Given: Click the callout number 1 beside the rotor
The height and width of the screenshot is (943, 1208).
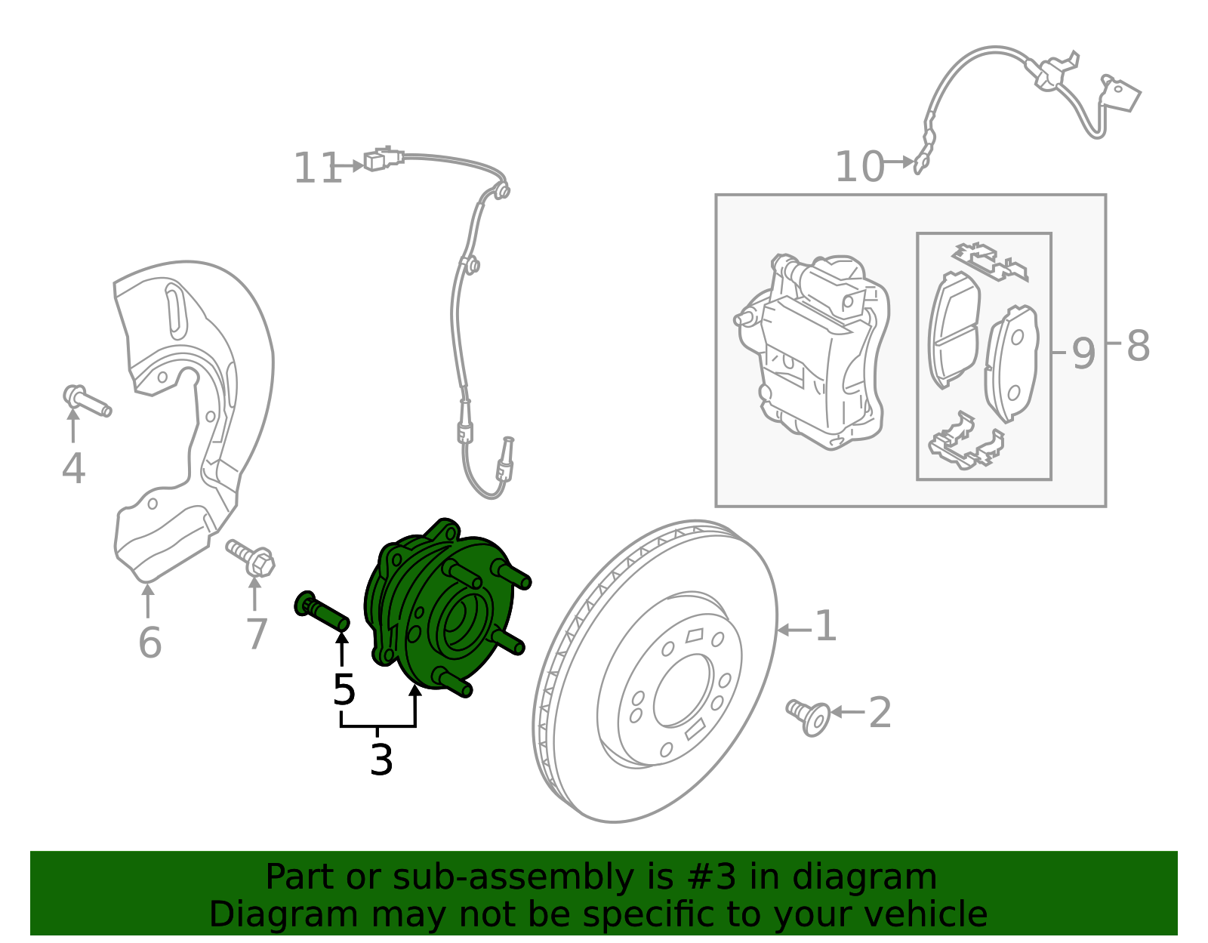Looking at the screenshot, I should click(x=826, y=627).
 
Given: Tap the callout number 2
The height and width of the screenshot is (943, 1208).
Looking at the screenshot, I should click(x=880, y=713).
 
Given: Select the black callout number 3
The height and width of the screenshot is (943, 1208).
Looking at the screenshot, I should click(x=381, y=760).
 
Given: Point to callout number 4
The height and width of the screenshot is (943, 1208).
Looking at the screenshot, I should click(x=73, y=469).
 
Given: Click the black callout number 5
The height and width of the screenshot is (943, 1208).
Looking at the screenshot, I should click(x=344, y=690).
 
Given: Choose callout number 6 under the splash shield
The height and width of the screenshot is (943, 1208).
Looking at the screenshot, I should click(x=149, y=643).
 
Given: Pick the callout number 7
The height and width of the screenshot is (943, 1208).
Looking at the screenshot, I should click(x=257, y=634).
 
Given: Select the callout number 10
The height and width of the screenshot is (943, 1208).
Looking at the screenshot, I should click(x=859, y=167).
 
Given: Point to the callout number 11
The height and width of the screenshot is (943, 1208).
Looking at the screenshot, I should click(x=317, y=168).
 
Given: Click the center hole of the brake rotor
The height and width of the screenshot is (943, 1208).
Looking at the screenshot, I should click(x=683, y=691).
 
